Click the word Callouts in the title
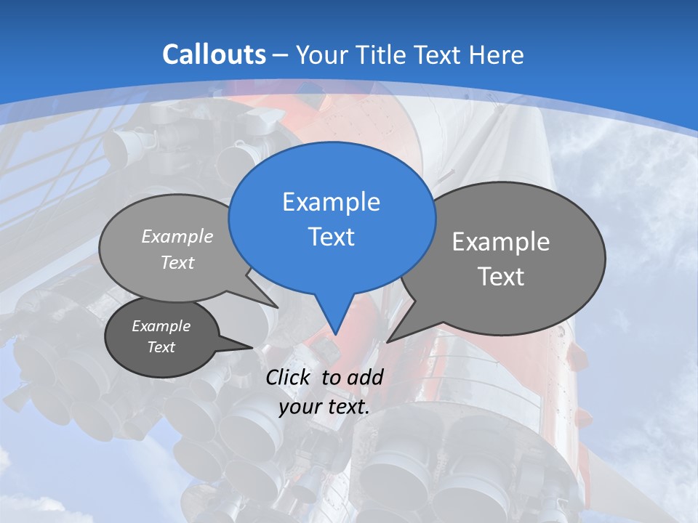coord(214,54)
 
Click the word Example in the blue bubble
coord(331,202)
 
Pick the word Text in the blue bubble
coord(331,237)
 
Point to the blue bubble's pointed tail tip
coord(335,334)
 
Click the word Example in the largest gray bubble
coord(500,242)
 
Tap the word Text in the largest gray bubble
coord(501,277)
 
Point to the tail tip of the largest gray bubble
coord(388,341)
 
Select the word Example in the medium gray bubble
coord(177,236)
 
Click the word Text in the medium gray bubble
coord(177,262)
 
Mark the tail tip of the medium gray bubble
coord(278,307)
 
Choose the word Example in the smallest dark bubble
coord(161,326)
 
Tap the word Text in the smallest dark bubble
coord(161,347)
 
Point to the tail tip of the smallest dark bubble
coord(252,347)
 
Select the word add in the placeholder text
coord(365,377)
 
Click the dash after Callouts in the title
coord(281,55)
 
